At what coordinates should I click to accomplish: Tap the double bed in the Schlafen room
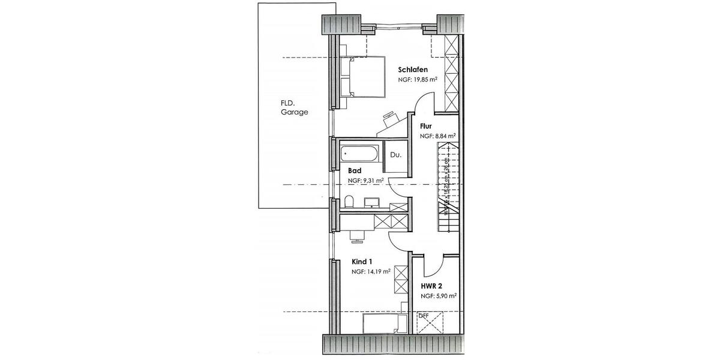pos(362,76)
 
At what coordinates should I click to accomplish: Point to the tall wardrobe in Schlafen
pos(451,73)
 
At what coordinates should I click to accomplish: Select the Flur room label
pos(426,126)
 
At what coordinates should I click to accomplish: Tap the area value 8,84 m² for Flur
pos(437,136)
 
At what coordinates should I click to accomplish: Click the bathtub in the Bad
pos(359,154)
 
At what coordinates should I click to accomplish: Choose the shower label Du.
pos(395,155)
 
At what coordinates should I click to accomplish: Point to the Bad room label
pos(355,170)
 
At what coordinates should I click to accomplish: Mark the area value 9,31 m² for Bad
pos(365,180)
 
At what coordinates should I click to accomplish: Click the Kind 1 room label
pos(362,262)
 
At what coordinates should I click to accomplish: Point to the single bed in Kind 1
pos(380,325)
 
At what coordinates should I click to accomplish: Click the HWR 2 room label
pos(431,286)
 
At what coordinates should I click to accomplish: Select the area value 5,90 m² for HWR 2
pos(439,296)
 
